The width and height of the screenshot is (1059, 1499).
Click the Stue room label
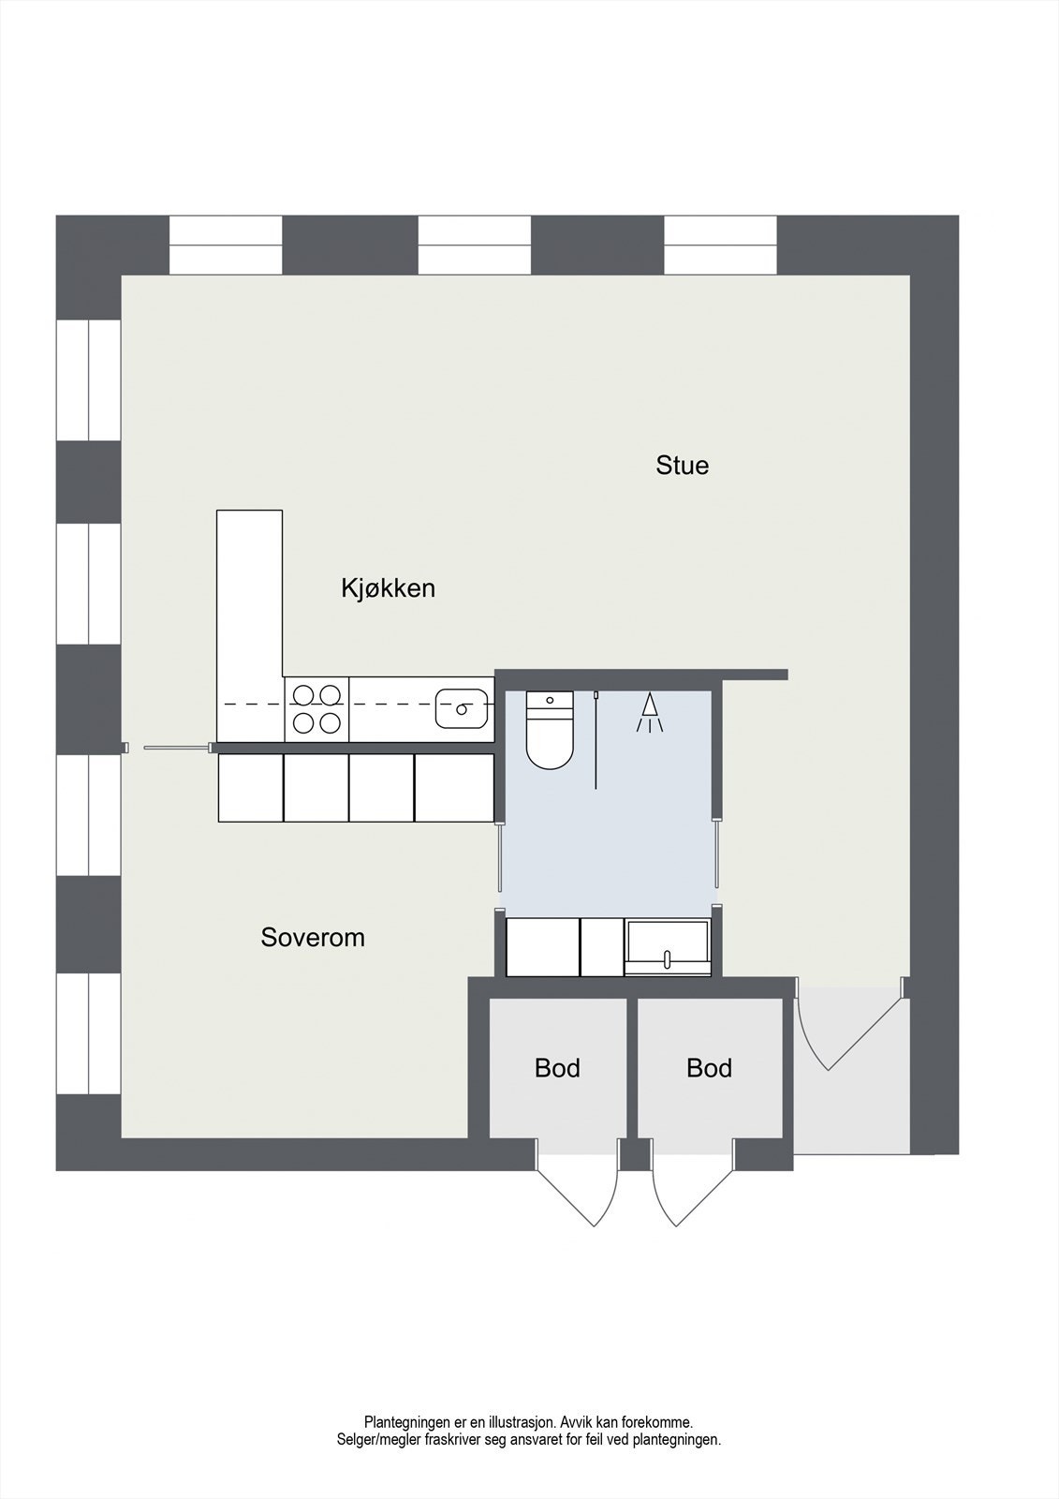682,466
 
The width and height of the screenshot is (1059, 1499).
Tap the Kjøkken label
388,588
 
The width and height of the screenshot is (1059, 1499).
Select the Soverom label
313,937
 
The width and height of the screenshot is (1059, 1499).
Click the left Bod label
557,1068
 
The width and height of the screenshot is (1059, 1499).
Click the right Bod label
709,1068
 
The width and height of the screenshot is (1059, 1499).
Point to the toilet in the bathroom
549,731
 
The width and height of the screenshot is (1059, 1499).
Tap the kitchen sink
461,708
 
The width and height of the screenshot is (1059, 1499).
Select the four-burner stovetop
316,708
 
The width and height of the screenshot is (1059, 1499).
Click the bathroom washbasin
668,948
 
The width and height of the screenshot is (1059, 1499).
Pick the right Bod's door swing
691,1185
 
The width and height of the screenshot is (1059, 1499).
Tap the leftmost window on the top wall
226,245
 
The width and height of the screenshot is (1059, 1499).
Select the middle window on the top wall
474,245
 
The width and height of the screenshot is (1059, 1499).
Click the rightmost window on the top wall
720,245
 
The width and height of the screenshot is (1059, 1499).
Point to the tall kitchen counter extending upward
249,590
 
